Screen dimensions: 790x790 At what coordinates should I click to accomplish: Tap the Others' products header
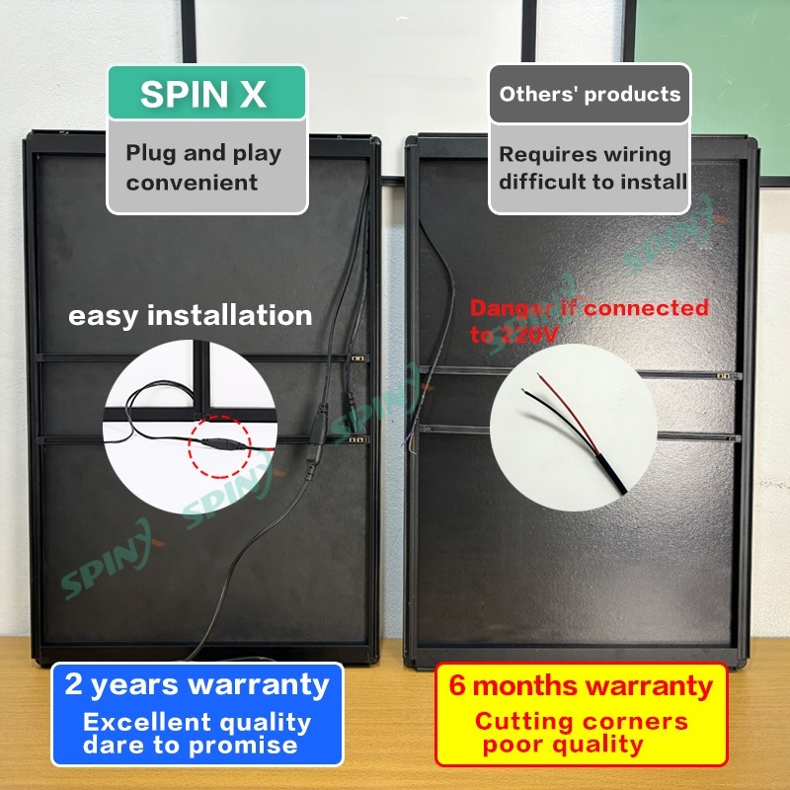pyautogui.click(x=590, y=95)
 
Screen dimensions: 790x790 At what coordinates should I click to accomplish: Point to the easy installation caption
pyautogui.click(x=190, y=316)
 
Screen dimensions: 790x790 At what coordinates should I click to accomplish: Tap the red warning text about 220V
pyautogui.click(x=589, y=321)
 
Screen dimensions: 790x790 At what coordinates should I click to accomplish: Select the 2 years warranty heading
pyautogui.click(x=197, y=683)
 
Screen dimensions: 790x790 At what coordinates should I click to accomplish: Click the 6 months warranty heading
pyautogui.click(x=581, y=684)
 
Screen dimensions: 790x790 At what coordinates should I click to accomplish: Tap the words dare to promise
pyautogui.click(x=190, y=746)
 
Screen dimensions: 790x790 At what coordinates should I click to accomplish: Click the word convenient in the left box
pyautogui.click(x=192, y=183)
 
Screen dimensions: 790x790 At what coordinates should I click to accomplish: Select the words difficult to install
pyautogui.click(x=592, y=182)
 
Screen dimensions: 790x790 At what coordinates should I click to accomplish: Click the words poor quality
pyautogui.click(x=563, y=746)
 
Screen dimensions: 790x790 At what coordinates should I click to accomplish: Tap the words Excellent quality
pyautogui.click(x=197, y=723)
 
